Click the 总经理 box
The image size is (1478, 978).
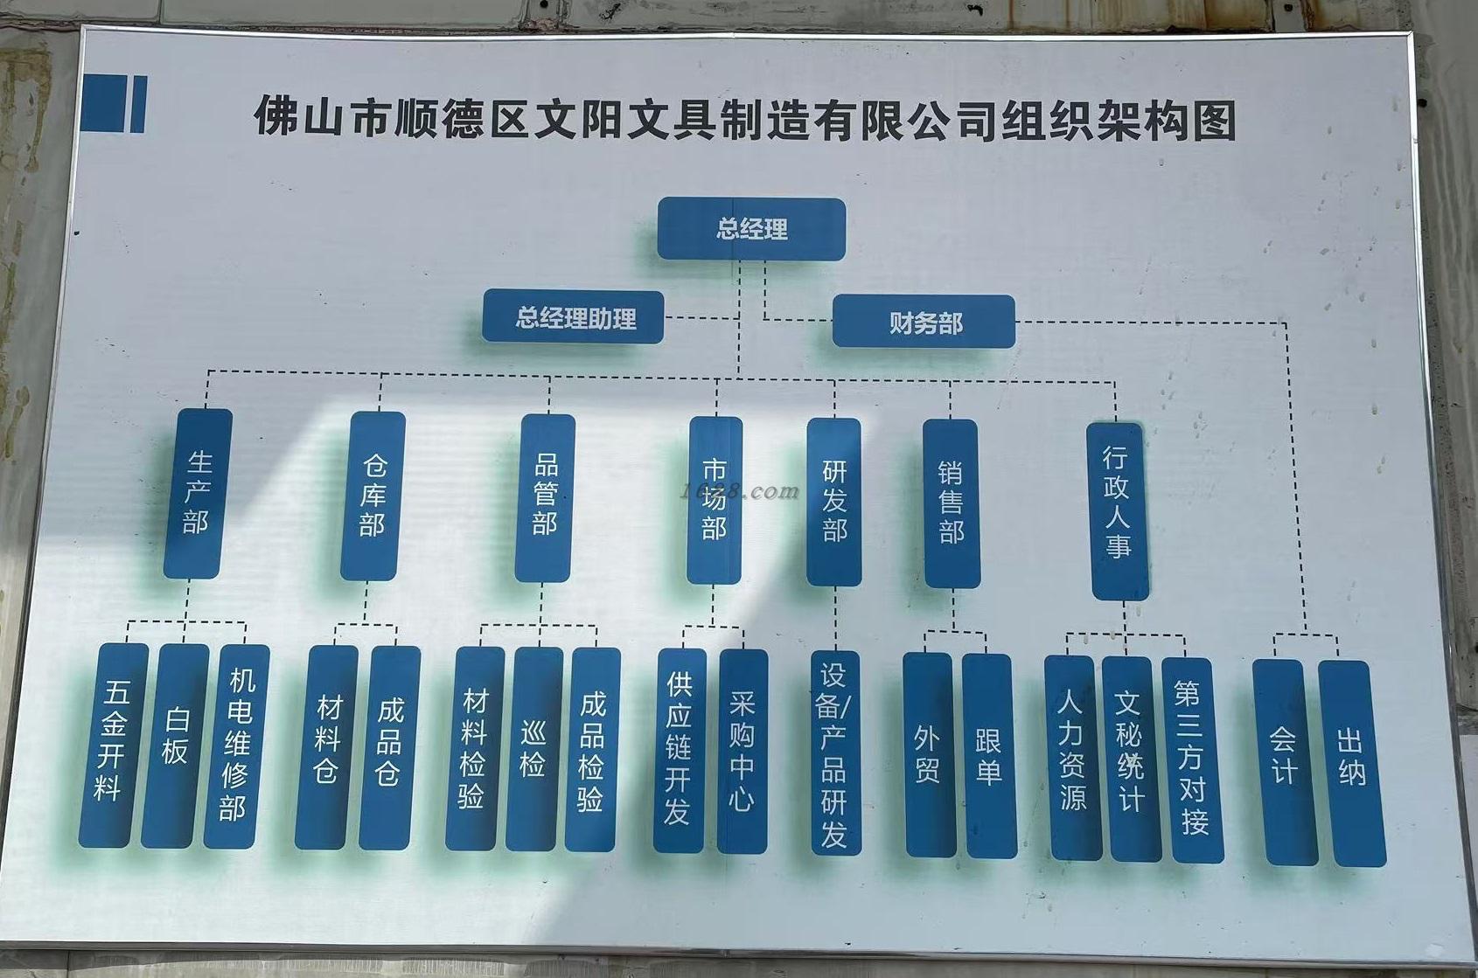[751, 229]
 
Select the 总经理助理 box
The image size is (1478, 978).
[574, 317]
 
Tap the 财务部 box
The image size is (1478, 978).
[924, 323]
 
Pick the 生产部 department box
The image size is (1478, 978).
[198, 493]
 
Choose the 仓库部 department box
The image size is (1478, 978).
[373, 496]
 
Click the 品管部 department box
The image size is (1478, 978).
[545, 497]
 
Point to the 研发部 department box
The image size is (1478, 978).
[834, 502]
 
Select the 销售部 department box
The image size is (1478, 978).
[951, 503]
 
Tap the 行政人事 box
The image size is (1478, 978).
[1117, 510]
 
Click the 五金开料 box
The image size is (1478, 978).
[113, 745]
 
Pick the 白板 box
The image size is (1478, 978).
[175, 746]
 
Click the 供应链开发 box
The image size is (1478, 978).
[679, 751]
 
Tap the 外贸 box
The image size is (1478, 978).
[928, 755]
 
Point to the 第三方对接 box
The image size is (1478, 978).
[1191, 760]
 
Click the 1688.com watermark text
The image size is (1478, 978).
[741, 491]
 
